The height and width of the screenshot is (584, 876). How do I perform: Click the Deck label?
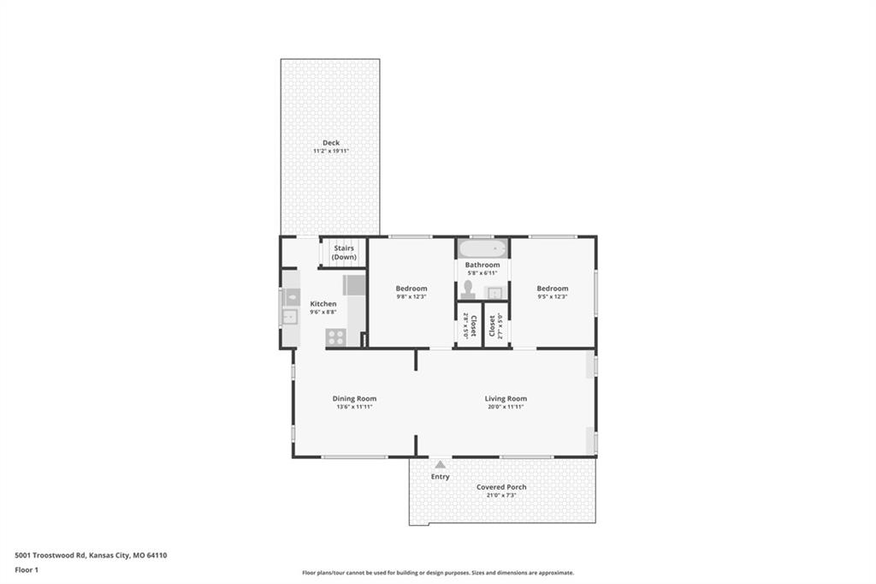point(331,143)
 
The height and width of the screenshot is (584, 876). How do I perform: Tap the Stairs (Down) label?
point(344,253)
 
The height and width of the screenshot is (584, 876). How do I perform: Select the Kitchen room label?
point(323,304)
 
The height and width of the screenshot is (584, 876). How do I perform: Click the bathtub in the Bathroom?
point(482,248)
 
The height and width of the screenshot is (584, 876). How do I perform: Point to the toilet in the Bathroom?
point(468,289)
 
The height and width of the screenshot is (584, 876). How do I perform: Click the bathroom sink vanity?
point(495,293)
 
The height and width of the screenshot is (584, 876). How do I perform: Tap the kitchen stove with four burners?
point(335,337)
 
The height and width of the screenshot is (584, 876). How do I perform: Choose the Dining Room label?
point(354,398)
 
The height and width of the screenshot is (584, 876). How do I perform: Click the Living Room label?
point(506,398)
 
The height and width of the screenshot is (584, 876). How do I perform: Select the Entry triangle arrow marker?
point(441,464)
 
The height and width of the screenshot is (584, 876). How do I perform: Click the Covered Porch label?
point(501,487)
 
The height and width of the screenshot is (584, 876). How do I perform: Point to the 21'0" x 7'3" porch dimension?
point(501,495)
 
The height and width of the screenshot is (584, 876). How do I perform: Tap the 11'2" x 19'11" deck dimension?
point(331,151)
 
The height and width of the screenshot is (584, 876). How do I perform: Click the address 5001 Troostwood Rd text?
point(50,556)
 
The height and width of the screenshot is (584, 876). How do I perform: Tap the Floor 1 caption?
point(27,570)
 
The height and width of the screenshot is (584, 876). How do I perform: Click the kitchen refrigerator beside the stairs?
point(353,285)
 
